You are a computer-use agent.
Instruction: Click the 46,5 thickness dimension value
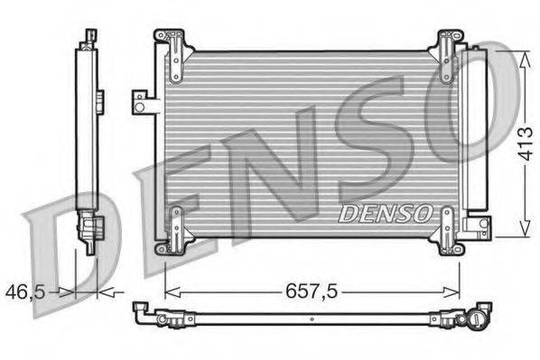pos(25,291)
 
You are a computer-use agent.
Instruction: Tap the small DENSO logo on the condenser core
pos(384,213)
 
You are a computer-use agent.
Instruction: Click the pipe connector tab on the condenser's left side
pos(143,101)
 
